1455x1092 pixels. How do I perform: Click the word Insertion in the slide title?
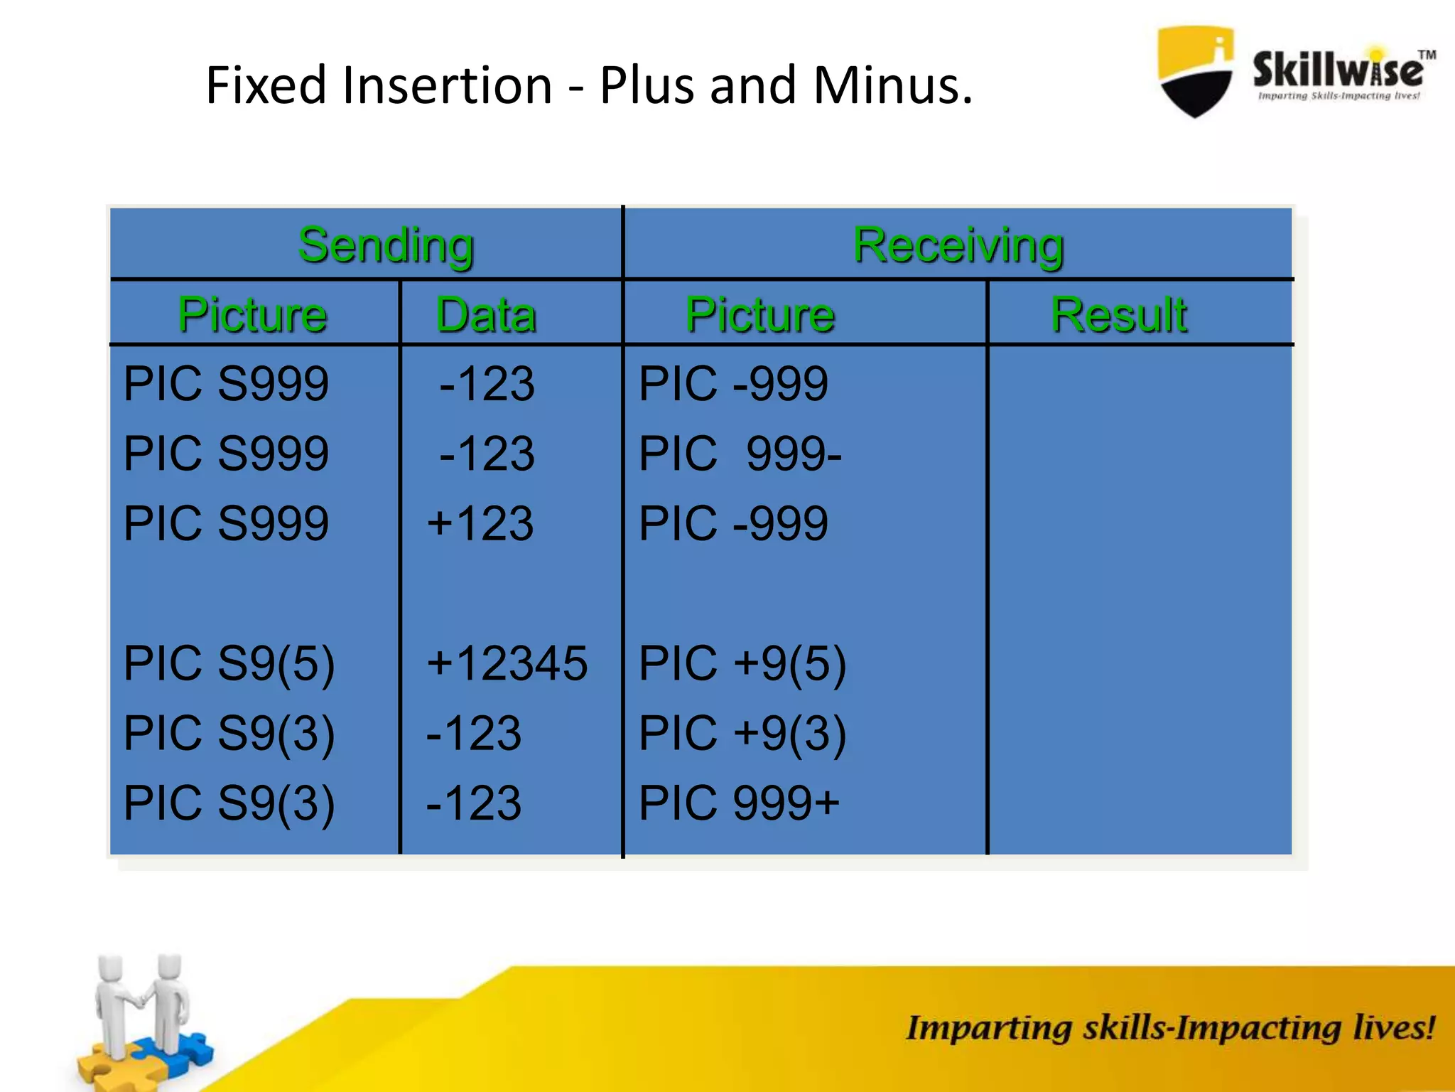(x=447, y=85)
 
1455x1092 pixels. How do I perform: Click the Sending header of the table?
(x=386, y=245)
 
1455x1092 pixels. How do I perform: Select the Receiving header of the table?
(x=958, y=245)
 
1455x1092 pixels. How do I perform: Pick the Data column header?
(x=486, y=315)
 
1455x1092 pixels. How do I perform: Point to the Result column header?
(x=1118, y=315)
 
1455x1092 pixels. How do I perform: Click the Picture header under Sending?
(x=252, y=315)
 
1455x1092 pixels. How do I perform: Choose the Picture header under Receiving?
(x=759, y=315)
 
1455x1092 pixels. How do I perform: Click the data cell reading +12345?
(x=507, y=663)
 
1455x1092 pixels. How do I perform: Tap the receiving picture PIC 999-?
(x=740, y=454)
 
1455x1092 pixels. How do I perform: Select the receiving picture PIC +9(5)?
(x=742, y=663)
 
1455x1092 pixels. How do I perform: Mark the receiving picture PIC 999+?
(x=739, y=803)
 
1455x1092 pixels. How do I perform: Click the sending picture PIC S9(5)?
(x=229, y=663)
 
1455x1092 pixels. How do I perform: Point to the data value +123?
(x=480, y=523)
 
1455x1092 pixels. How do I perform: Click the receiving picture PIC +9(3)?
(x=742, y=733)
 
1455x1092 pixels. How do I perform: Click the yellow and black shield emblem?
(x=1195, y=71)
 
